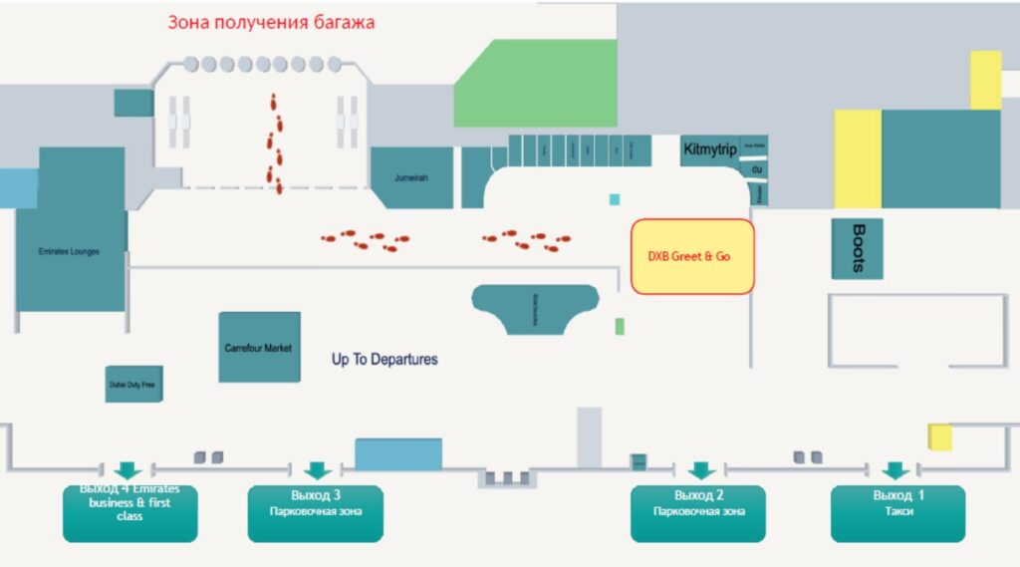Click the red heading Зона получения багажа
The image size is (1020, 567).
pos(271,22)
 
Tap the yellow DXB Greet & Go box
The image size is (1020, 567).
pos(692,257)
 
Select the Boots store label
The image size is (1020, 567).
pos(857,248)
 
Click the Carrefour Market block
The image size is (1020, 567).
pos(259,347)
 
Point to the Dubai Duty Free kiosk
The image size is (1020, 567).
pos(133,384)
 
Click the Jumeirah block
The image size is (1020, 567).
pos(411,177)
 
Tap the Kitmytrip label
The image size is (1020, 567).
pos(710,150)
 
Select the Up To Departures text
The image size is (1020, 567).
pos(384,359)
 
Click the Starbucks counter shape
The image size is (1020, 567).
pos(535,308)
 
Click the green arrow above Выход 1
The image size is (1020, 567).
pos(894,470)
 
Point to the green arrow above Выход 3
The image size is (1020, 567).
pos(317,470)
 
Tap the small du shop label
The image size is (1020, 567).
pos(756,169)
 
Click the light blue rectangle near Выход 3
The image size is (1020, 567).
pos(398,454)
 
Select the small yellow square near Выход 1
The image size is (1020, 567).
pos(939,437)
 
